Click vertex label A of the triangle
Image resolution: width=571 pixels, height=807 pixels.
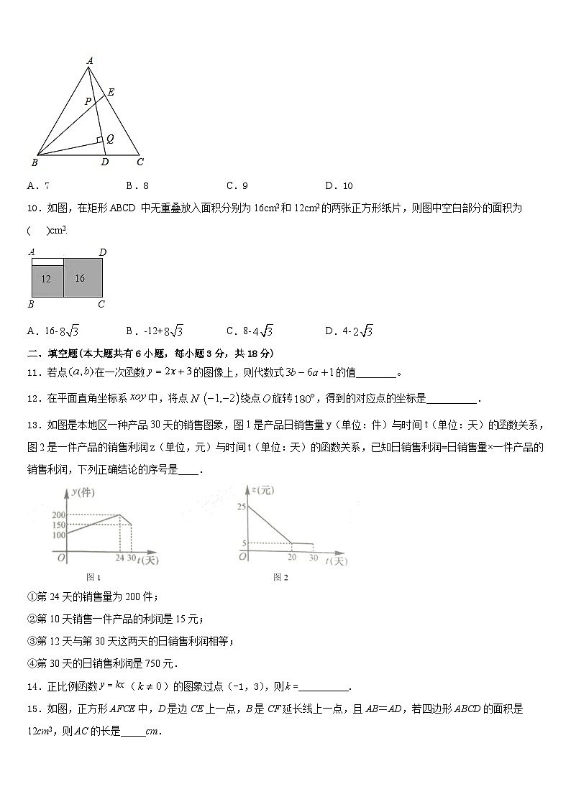point(90,61)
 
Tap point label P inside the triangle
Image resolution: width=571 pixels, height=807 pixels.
point(88,101)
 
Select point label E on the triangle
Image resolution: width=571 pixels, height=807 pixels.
point(111,92)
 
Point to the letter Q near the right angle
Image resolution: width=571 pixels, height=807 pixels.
point(110,138)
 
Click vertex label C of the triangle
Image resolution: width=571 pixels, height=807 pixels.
point(140,162)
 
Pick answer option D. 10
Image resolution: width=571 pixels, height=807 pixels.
point(339,185)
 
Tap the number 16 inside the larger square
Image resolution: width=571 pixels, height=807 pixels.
point(80,278)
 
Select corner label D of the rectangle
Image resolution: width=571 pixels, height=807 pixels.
point(103,252)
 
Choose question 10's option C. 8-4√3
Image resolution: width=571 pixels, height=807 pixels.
point(249,331)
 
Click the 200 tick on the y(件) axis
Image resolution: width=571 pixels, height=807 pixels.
point(58,515)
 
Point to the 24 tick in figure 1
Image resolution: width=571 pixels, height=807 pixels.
point(119,558)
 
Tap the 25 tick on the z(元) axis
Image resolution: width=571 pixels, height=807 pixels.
point(242,507)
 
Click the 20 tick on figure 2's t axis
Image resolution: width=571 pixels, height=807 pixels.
point(291,558)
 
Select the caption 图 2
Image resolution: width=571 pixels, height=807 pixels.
point(280,577)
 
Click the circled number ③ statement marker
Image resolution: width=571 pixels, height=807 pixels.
point(32,641)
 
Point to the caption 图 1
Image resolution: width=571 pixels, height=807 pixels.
point(93,577)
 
